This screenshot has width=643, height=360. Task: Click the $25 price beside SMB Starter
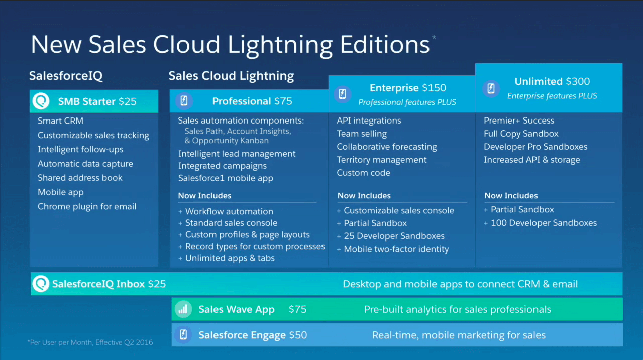[127, 101]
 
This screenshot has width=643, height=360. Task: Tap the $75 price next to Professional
[283, 101]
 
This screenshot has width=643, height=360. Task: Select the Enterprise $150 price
[434, 88]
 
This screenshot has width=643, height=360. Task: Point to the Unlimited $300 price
[578, 81]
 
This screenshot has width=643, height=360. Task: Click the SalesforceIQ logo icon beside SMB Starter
[41, 101]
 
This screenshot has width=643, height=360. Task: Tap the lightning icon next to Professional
[184, 101]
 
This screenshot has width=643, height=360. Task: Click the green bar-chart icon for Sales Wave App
[183, 309]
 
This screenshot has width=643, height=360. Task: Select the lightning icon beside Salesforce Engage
[183, 335]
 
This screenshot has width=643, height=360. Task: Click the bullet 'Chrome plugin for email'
[87, 206]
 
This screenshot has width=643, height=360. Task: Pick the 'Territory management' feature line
[382, 160]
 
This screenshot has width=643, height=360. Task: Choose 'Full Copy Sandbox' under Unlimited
[521, 134]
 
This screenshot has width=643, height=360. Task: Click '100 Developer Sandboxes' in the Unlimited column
[544, 223]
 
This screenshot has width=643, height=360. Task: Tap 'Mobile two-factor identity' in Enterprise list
[396, 249]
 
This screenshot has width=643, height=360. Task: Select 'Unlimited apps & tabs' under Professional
[230, 258]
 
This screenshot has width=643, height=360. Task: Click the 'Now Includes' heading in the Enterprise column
[364, 195]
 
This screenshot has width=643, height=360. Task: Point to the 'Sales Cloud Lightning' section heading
[231, 76]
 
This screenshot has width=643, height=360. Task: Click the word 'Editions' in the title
[384, 44]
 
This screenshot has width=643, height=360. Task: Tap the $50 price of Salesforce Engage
[298, 335]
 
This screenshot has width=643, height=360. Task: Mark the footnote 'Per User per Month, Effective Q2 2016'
[90, 342]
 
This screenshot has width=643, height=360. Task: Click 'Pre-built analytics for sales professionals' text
[457, 309]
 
